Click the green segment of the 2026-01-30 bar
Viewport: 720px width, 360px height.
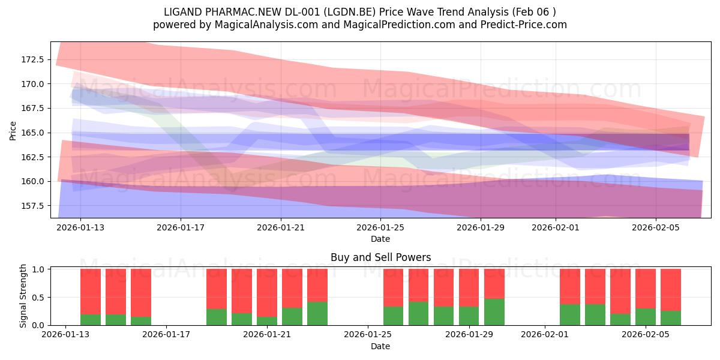click(494, 312)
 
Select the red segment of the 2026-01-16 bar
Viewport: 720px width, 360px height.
click(141, 293)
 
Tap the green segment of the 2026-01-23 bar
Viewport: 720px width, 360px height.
click(317, 313)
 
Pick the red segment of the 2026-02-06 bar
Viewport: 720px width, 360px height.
click(671, 290)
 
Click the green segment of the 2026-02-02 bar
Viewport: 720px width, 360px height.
click(570, 314)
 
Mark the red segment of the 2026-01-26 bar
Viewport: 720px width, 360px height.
click(394, 287)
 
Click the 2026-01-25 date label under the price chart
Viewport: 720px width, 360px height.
click(380, 227)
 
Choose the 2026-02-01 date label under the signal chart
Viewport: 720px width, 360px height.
click(545, 334)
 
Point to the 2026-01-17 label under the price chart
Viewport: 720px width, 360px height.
click(181, 227)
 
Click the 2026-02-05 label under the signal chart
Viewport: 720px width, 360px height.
click(646, 334)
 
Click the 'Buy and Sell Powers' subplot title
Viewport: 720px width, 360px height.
click(380, 257)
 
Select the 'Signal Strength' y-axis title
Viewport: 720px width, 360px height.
click(23, 296)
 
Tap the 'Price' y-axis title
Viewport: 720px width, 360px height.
click(13, 131)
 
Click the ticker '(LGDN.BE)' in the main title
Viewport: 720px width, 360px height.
click(349, 12)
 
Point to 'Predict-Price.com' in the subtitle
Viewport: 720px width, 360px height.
click(524, 25)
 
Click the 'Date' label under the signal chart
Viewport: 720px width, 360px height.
click(380, 346)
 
